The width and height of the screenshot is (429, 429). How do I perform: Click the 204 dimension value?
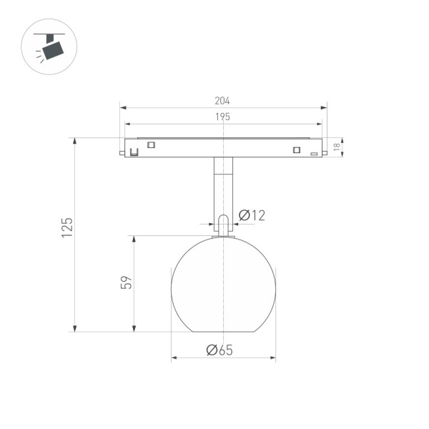coord(223,102)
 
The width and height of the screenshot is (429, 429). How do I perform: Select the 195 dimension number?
coord(223,117)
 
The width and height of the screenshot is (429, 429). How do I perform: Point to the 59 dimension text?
coord(127,282)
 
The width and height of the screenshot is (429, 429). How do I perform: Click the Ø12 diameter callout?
coord(252,214)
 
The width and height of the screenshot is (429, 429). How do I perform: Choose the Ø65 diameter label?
coord(220,350)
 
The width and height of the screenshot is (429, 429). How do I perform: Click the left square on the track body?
coord(151,145)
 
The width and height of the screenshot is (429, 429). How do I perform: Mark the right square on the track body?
coord(295,149)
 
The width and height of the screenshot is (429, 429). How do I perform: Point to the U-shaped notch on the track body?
coord(133,152)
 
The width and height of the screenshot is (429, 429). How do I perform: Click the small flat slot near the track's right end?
coord(313,154)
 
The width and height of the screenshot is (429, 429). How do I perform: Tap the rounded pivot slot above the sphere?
coord(223,223)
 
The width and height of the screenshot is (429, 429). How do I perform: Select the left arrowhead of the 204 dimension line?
coord(122,108)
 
